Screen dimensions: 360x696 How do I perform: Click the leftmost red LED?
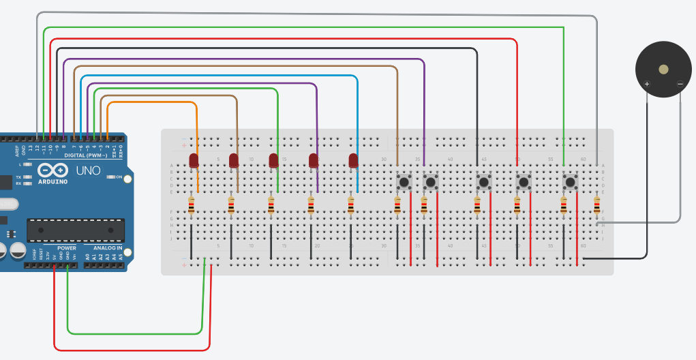coord(194,161)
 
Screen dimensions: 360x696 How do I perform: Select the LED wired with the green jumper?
coord(273,161)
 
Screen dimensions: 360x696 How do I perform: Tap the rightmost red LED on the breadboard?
coord(353,161)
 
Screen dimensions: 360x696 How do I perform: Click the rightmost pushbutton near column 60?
coord(570,182)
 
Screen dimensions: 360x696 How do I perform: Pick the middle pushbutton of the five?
coord(483,182)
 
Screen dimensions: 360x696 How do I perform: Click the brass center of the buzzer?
coord(663,69)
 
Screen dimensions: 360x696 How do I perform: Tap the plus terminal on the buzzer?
coord(647,84)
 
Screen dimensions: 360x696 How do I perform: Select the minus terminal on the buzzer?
coord(680,84)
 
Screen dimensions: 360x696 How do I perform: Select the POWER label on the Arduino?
coord(67,248)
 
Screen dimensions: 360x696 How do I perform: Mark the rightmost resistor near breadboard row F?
coord(596,205)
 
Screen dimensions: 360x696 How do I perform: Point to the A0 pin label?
coord(87,257)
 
